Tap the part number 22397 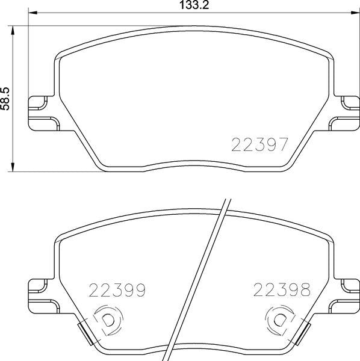(x=260, y=144)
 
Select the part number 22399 (x=117, y=291)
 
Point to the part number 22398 (x=282, y=291)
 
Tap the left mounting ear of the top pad (x=42, y=112)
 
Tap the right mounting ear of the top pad (x=344, y=112)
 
